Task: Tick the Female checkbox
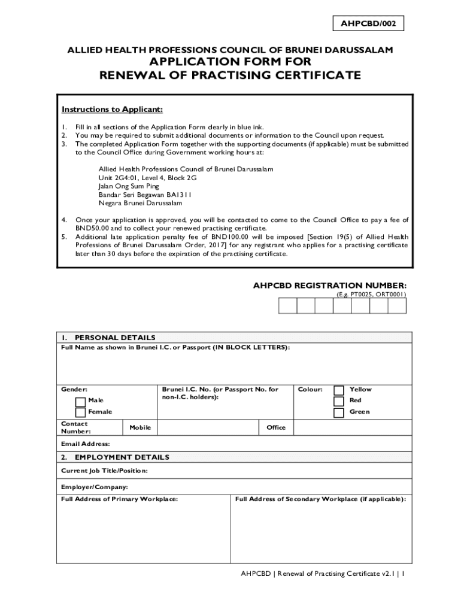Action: tap(80, 412)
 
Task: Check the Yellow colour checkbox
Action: tap(339, 390)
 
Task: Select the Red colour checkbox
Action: tap(339, 401)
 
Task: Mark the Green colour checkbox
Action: tap(339, 412)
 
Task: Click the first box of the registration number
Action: tap(287, 306)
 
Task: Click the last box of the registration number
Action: tap(397, 306)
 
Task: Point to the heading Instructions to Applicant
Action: tap(112, 110)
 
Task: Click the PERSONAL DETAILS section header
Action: tap(114, 338)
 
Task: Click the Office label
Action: tap(276, 427)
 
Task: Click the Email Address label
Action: tap(86, 444)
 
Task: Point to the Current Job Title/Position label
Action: tap(104, 471)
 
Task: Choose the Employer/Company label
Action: tap(95, 487)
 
